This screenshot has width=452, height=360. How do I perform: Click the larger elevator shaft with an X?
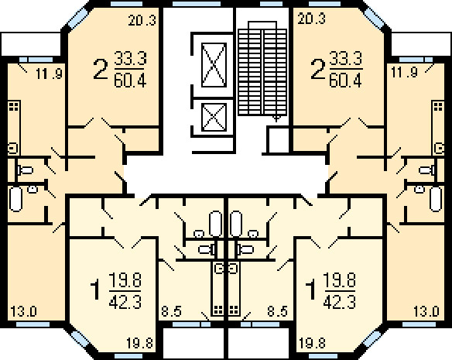pyautogui.click(x=214, y=64)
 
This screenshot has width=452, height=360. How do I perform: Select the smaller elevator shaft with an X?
pyautogui.click(x=214, y=117)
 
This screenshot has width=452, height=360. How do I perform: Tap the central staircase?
pyautogui.click(x=262, y=69)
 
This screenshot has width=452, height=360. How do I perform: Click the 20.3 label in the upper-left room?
pyautogui.click(x=142, y=21)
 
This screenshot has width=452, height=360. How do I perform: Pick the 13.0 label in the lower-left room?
pyautogui.click(x=24, y=312)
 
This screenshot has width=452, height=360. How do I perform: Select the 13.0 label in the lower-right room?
pyautogui.click(x=426, y=312)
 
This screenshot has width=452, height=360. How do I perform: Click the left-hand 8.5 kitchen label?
pyautogui.click(x=171, y=312)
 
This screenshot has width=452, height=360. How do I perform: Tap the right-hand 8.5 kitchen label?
pyautogui.click(x=277, y=312)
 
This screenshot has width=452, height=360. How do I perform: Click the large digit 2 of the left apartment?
pyautogui.click(x=101, y=69)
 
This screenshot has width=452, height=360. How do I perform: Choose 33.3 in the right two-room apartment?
pyautogui.click(x=345, y=59)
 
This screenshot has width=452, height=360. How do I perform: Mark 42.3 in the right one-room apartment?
pyautogui.click(x=340, y=302)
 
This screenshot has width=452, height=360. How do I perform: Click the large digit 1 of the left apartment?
pyautogui.click(x=96, y=290)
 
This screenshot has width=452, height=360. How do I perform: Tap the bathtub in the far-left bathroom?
pyautogui.click(x=15, y=199)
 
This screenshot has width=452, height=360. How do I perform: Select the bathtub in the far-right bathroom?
pyautogui.click(x=436, y=199)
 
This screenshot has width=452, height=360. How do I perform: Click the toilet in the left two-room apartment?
pyautogui.click(x=26, y=170)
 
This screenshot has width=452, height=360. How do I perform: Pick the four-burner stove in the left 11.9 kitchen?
pyautogui.click(x=14, y=106)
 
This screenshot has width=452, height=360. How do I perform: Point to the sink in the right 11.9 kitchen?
pyautogui.click(x=439, y=149)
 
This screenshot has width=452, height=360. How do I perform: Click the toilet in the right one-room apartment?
pyautogui.click(x=245, y=249)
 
